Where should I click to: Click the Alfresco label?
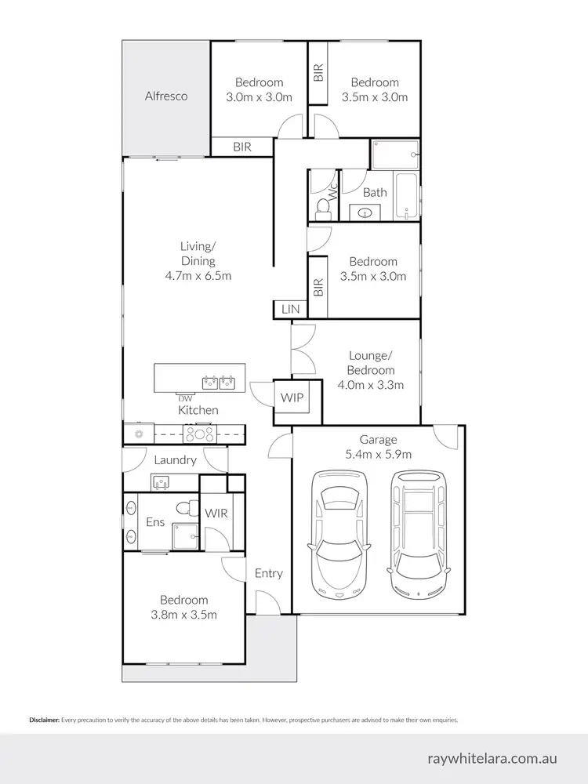pos(166,96)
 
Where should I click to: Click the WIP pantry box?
pos(291,398)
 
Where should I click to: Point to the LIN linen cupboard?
pos(290,310)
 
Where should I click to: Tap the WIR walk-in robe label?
pos(216,514)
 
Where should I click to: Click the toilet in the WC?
pos(321,208)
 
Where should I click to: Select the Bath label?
pos(375,192)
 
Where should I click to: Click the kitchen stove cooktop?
pos(200,433)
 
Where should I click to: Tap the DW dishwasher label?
pos(185,398)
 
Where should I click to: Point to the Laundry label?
pos(175,460)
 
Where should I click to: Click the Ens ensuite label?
pos(155,522)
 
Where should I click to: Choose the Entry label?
pos(268,573)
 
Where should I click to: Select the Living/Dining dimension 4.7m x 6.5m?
pos(198,276)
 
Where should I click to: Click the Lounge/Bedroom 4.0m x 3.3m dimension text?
pos(372,385)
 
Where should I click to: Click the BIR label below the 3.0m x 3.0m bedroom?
pos(241,147)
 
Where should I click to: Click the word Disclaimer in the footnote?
pos(44,719)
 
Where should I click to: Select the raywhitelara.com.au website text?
pos(493,759)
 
